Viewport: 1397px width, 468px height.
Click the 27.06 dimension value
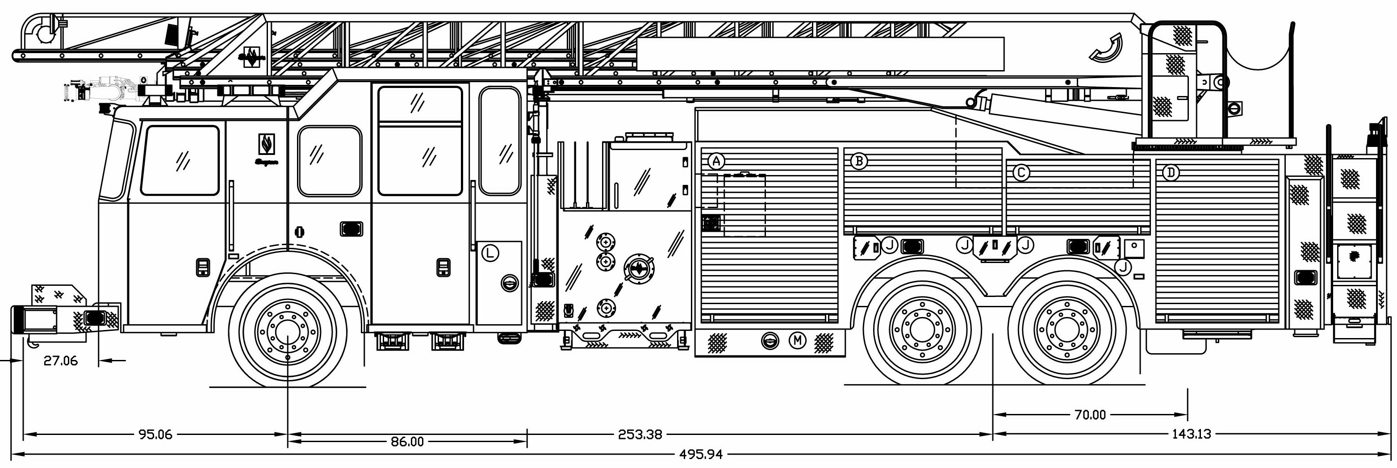coord(61,361)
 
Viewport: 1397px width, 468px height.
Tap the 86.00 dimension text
coord(407,442)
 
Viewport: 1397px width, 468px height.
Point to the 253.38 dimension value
coord(640,435)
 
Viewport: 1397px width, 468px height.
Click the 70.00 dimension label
coord(1090,415)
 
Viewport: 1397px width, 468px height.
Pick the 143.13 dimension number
coord(1192,435)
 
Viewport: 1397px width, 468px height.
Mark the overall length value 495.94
coord(701,455)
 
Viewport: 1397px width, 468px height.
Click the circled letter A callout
coord(716,161)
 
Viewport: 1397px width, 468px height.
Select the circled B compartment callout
coord(858,161)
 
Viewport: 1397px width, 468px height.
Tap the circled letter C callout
coord(1021,173)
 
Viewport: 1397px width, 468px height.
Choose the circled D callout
coord(1171,173)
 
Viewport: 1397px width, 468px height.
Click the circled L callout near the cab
coord(490,253)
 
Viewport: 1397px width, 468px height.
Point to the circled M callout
coord(797,341)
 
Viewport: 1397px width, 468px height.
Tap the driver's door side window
coord(180,160)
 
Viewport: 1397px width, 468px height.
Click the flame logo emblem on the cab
coord(266,144)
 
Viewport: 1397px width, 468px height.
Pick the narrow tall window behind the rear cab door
coord(499,141)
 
